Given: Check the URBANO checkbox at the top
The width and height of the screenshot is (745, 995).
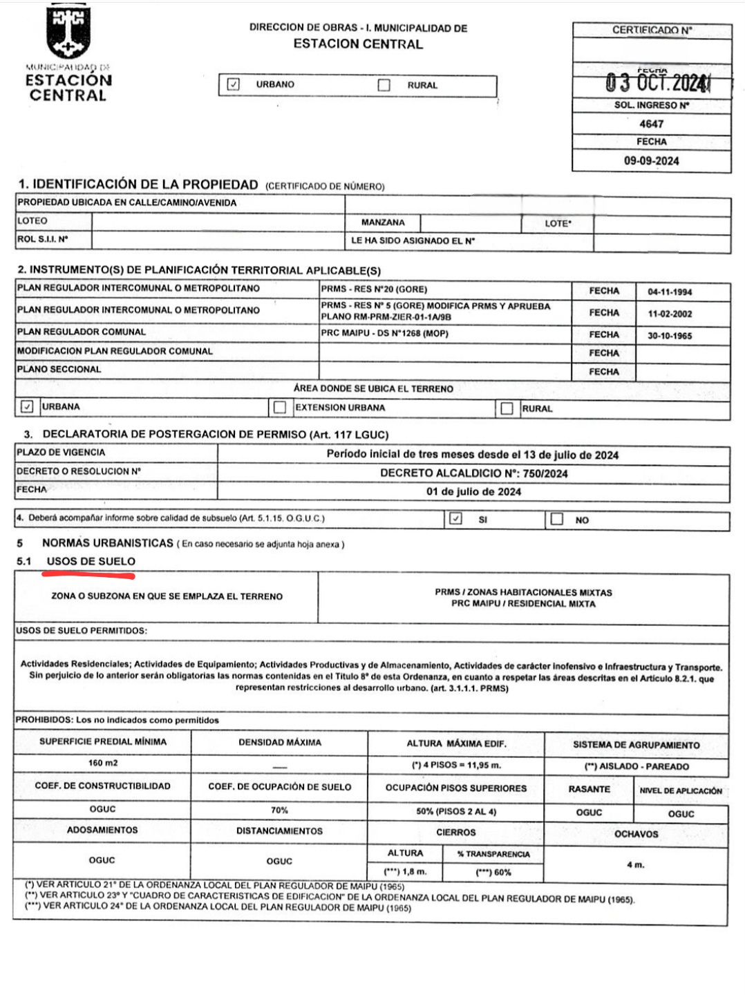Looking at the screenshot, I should [234, 84].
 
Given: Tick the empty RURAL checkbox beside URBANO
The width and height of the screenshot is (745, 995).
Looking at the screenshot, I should [384, 85].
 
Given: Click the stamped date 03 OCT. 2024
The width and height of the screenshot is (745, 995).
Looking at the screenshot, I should [657, 83].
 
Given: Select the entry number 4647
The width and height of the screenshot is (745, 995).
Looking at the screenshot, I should [651, 124].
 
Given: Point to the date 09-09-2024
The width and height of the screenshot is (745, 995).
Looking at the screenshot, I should [651, 161].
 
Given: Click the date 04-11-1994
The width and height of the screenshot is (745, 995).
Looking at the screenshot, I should [669, 292].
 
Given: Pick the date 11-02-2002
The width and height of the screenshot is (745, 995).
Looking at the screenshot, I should [669, 314].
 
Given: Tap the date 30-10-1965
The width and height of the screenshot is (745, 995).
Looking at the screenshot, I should [669, 336].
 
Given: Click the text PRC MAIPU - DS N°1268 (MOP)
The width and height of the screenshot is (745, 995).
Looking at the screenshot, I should [384, 333].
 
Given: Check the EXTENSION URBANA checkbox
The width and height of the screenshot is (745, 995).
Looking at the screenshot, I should [280, 408].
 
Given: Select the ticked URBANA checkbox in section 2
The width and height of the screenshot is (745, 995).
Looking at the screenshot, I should [27, 406].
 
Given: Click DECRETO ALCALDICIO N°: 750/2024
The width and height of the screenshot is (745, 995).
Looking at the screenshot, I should [473, 473].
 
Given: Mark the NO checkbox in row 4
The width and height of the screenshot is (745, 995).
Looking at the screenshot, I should [557, 519].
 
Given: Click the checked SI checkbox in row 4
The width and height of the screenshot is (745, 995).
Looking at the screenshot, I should [455, 518].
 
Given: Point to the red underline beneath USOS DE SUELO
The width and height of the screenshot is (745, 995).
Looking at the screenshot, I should [89, 573].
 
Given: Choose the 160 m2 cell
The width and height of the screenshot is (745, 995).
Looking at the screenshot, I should [102, 764].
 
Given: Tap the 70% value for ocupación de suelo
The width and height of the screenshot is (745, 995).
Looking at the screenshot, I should [279, 810].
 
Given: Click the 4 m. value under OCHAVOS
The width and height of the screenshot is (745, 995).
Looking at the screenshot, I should [635, 864].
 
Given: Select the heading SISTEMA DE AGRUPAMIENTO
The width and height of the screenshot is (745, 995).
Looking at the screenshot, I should [636, 745].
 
